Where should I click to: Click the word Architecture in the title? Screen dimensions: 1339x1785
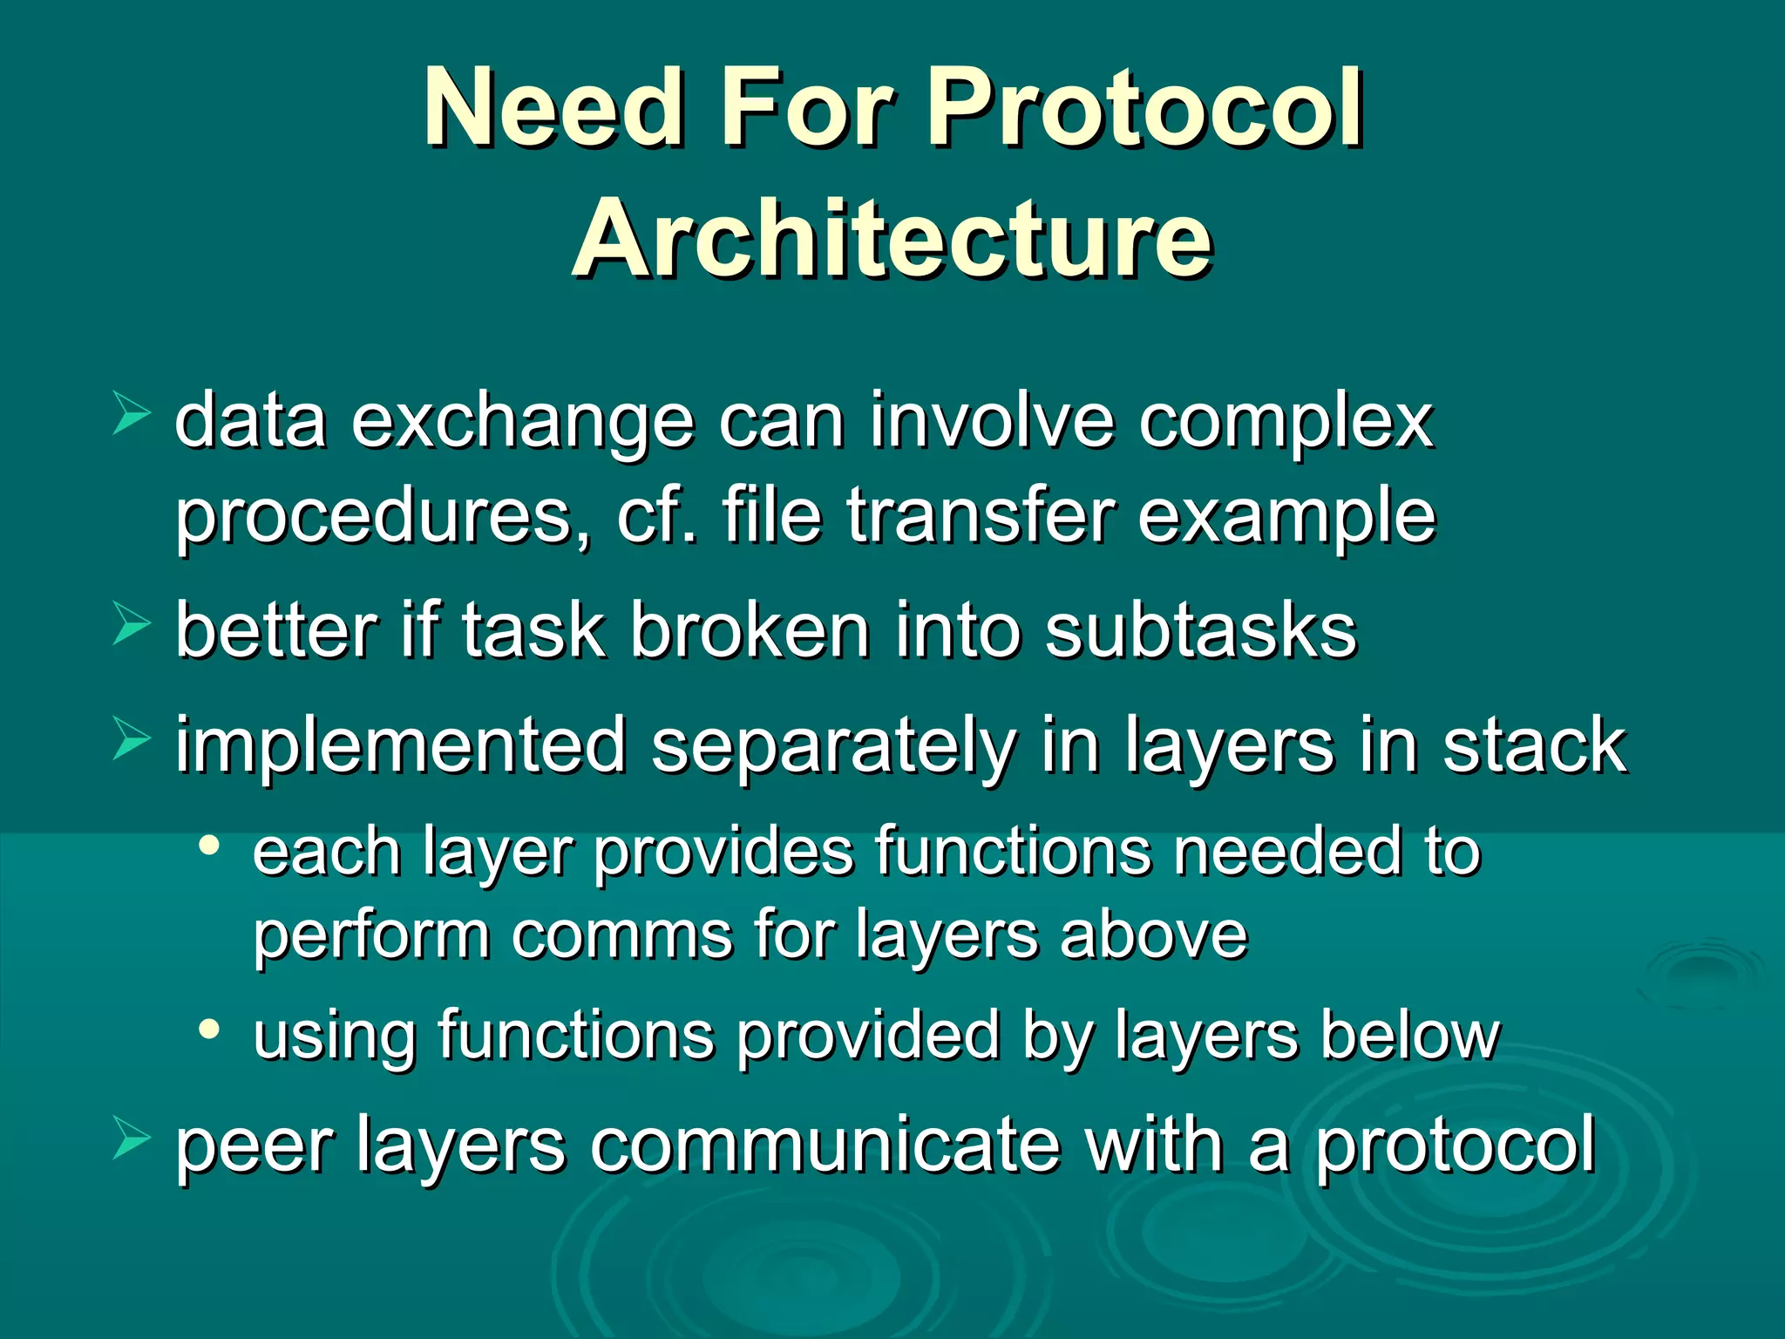coord(892,238)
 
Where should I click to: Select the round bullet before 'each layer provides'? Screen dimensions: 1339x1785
coord(208,845)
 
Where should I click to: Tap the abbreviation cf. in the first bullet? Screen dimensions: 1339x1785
coord(656,516)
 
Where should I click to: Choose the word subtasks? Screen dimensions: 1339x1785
coord(1200,630)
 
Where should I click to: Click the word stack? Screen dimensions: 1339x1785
coord(1533,745)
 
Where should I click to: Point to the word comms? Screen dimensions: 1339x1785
coord(621,935)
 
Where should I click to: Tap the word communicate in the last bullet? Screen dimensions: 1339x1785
coord(825,1145)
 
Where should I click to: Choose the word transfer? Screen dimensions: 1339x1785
coord(980,516)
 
